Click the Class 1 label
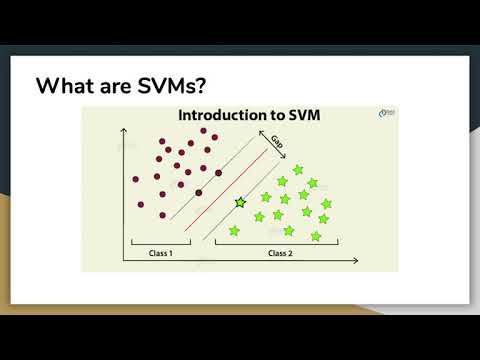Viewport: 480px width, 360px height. tap(160, 252)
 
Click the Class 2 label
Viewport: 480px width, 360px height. tap(280, 252)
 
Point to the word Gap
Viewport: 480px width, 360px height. tap(277, 144)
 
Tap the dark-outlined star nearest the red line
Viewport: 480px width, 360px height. tap(240, 203)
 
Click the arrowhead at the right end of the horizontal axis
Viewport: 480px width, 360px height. tap(355, 262)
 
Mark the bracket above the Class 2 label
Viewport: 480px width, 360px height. tap(276, 242)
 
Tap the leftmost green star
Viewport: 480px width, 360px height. tap(235, 231)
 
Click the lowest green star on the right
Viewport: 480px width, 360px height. tap(316, 236)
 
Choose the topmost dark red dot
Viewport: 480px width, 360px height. tap(204, 131)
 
